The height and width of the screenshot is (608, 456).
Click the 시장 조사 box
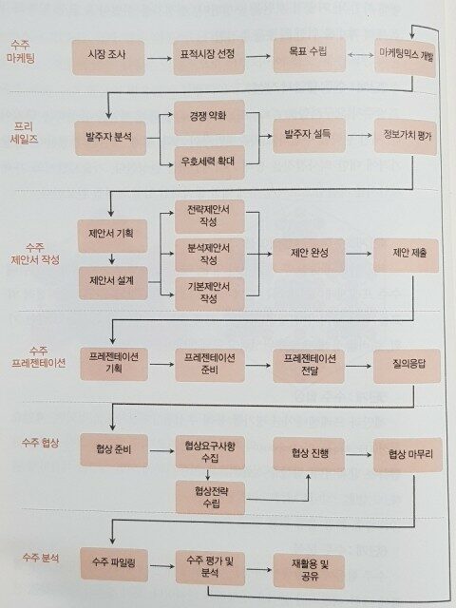pos(108,58)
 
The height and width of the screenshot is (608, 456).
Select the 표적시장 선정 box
pos(209,57)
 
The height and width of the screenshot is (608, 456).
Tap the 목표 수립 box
pos(309,55)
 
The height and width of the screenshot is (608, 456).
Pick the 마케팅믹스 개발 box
pos(406,57)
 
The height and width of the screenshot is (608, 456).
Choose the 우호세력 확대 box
pos(209,162)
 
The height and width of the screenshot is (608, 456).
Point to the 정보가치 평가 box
pos(406,137)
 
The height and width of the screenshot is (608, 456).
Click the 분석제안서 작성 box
pos(210,255)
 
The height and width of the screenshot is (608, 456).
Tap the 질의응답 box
pos(408,366)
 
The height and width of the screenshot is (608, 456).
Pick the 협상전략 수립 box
pos(210,498)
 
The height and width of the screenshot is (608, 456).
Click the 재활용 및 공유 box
pos(309,571)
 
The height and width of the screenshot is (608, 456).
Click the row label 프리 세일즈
pos(24,133)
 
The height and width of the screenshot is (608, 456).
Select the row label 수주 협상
pos(40,443)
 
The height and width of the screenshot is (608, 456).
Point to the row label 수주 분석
pos(41,558)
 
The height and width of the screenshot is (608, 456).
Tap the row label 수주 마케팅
pos(21,52)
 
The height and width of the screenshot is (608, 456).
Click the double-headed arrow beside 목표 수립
pos(360,55)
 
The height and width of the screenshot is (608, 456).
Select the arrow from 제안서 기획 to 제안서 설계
pos(112,259)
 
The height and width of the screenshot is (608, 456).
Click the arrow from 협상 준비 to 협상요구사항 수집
pos(161,451)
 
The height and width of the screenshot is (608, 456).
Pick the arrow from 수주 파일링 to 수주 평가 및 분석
pos(162,566)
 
